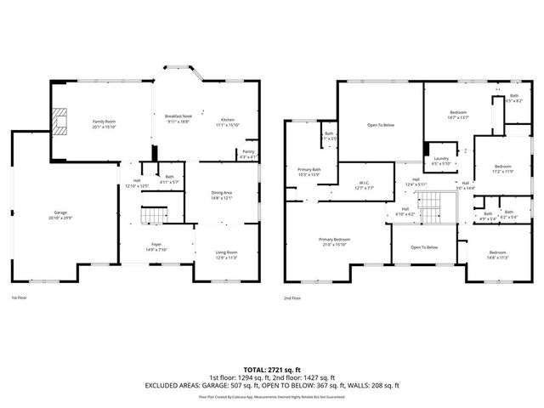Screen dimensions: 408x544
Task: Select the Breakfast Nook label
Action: pyautogui.click(x=178, y=118)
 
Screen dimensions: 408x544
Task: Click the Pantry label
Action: pyautogui.click(x=246, y=154)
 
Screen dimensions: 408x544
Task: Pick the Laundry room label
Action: pyautogui.click(x=441, y=161)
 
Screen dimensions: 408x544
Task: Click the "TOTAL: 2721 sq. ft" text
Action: pyautogui.click(x=271, y=370)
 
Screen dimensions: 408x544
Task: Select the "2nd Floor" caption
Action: pyautogui.click(x=293, y=298)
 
